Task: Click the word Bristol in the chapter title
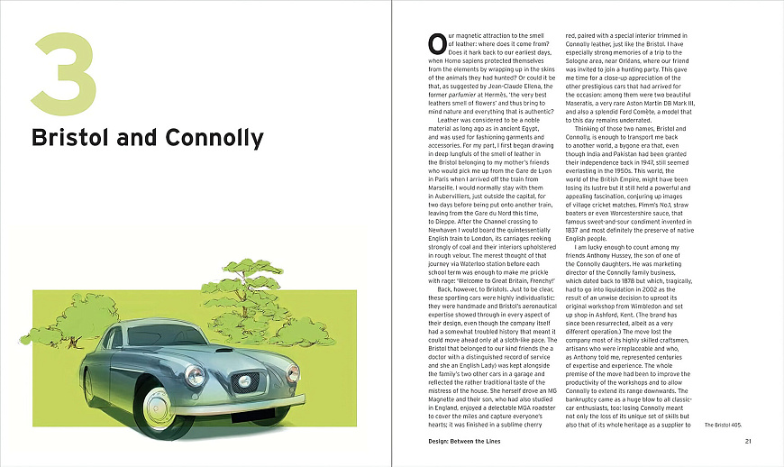75,138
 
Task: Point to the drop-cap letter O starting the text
435,42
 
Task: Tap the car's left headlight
195,376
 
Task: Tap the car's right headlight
293,372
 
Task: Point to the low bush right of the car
311,332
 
